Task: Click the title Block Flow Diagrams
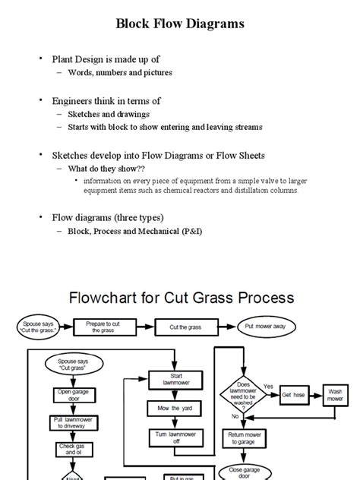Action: (x=180, y=24)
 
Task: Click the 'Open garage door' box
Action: (x=69, y=393)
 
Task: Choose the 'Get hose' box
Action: (x=292, y=395)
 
